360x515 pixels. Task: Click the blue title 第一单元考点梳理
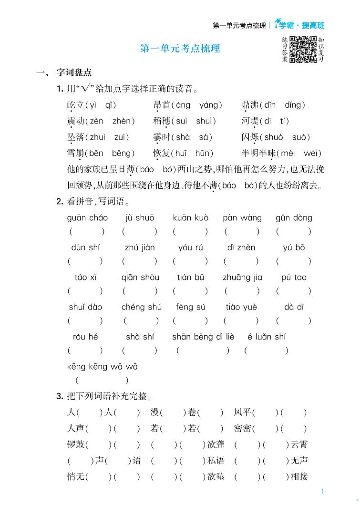(x=180, y=49)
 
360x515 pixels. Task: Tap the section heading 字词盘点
(x=74, y=73)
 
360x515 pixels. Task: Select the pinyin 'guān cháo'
(x=88, y=218)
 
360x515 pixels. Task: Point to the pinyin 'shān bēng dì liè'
(x=203, y=337)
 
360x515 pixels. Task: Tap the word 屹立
(x=75, y=105)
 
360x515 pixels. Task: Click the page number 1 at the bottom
(x=323, y=491)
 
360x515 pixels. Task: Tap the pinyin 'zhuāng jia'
(x=242, y=278)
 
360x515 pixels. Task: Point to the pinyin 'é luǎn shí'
(x=267, y=337)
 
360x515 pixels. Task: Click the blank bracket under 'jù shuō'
(x=140, y=232)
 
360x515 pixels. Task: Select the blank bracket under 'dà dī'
(x=293, y=321)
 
